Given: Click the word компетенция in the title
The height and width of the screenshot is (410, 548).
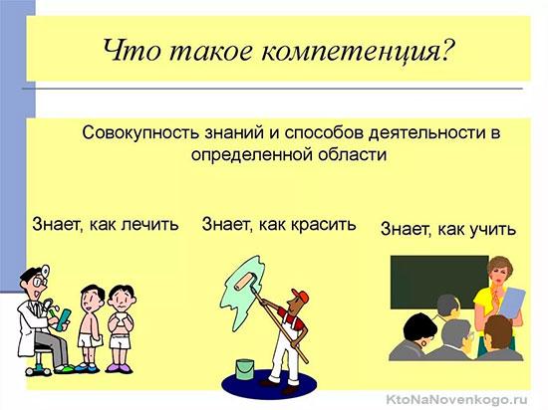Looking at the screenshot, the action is [356, 51].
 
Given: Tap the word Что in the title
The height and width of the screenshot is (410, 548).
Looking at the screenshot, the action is [133, 50].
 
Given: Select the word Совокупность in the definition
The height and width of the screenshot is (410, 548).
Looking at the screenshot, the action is [140, 133].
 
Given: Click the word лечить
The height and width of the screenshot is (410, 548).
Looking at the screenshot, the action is [149, 224].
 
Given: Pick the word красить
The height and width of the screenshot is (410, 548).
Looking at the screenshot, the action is [323, 224].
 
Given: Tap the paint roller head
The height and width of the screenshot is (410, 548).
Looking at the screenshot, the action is [247, 281].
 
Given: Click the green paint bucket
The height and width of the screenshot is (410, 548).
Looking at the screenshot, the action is [245, 369].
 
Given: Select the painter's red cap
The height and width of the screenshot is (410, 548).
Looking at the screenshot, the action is [301, 296].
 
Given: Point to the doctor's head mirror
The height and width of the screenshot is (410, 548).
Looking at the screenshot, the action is [45, 270].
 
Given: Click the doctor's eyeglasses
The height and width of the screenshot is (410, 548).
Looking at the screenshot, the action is [39, 281].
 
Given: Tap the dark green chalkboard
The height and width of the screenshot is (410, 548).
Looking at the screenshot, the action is [439, 282].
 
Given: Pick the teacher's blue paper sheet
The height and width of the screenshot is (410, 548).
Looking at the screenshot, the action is [511, 302].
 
